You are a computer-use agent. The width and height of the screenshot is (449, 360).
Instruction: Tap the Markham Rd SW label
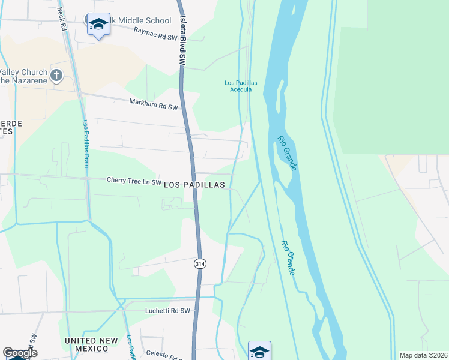[154, 104]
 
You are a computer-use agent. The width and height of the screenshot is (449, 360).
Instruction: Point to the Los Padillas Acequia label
[237, 86]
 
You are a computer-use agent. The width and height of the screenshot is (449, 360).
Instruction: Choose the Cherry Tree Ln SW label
[134, 180]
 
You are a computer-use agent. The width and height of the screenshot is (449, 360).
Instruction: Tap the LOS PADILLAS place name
[194, 185]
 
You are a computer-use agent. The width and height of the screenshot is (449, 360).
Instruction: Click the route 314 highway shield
[200, 263]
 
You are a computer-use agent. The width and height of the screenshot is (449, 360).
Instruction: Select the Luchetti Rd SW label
[167, 311]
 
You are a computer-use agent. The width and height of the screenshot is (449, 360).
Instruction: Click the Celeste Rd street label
[164, 356]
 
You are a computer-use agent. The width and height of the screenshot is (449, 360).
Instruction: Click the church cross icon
[56, 76]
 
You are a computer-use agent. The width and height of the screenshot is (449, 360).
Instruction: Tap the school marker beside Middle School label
[98, 25]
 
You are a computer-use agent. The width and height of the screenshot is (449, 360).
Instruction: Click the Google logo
[19, 353]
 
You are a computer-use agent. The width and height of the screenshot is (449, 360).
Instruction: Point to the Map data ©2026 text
[423, 355]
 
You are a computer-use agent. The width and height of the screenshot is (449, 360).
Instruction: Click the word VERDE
[11, 123]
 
